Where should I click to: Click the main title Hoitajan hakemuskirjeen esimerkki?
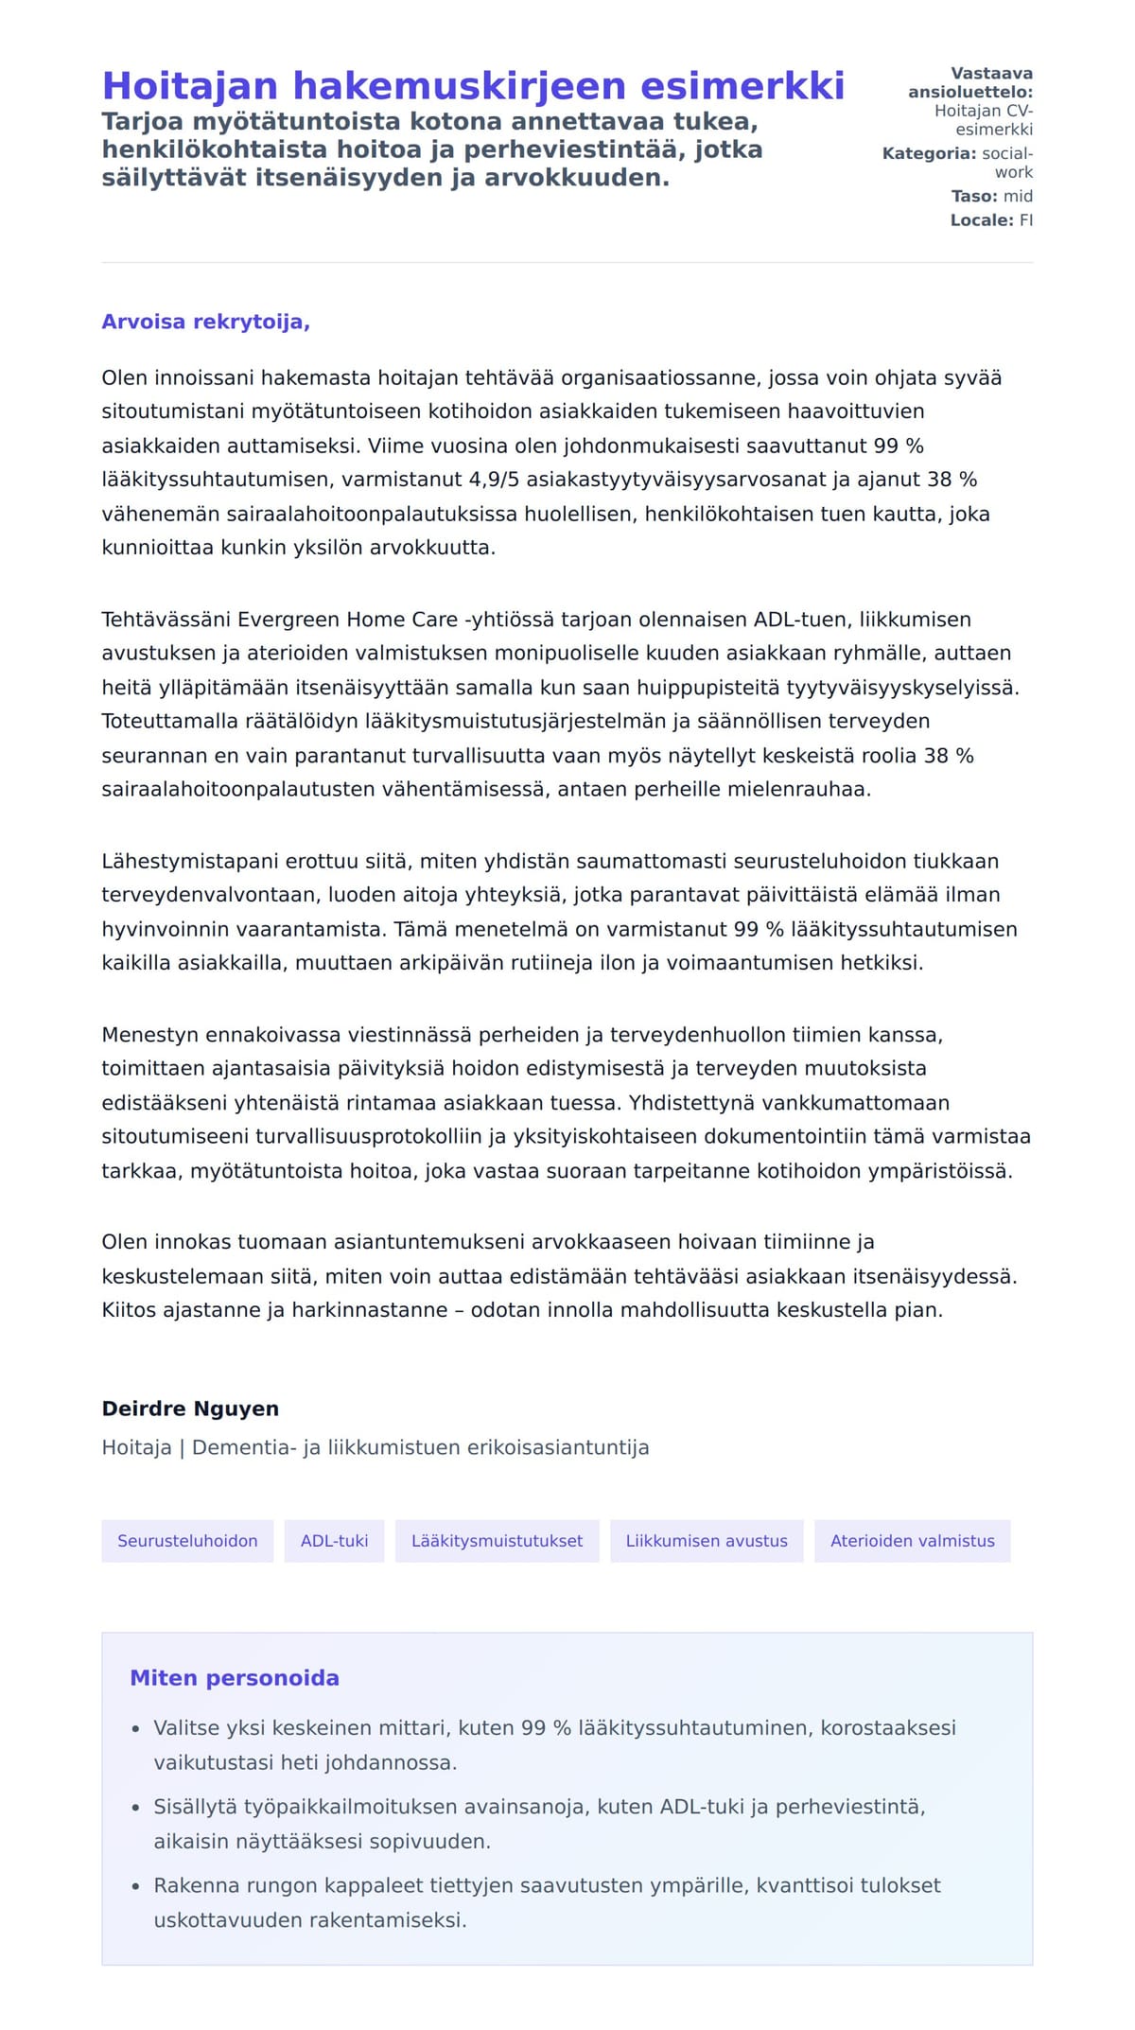473,85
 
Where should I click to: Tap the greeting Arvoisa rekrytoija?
205,322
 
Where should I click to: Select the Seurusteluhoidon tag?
187,1541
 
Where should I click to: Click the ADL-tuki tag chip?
334,1541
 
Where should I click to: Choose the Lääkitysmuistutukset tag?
497,1541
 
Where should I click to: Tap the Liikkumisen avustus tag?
706,1541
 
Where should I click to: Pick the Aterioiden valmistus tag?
912,1541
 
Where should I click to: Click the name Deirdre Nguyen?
190,1409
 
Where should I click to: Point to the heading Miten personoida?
234,1678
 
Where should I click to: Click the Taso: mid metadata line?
991,197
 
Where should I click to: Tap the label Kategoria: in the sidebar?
929,153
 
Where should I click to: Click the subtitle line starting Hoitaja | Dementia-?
375,1447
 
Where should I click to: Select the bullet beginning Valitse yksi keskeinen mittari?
554,1728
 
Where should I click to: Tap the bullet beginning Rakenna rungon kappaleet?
547,1885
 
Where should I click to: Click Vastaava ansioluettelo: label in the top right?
971,83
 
